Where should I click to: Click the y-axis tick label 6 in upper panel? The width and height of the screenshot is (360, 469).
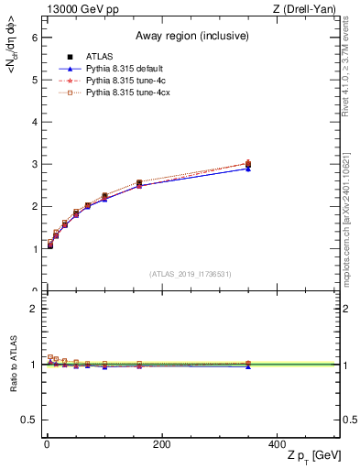pyautogui.click(x=33, y=38)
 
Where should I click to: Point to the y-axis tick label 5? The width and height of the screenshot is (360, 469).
pyautogui.click(x=33, y=80)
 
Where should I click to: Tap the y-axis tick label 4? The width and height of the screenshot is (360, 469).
pyautogui.click(x=33, y=122)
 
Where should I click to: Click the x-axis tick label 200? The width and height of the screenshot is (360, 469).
pyautogui.click(x=161, y=444)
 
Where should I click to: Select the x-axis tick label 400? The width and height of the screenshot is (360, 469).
pyautogui.click(x=277, y=444)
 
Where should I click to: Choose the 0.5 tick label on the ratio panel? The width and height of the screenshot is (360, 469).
pyautogui.click(x=29, y=420)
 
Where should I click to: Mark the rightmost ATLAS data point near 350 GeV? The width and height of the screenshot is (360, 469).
pyautogui.click(x=248, y=165)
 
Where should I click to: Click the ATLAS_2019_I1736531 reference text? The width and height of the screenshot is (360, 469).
pyautogui.click(x=191, y=274)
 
